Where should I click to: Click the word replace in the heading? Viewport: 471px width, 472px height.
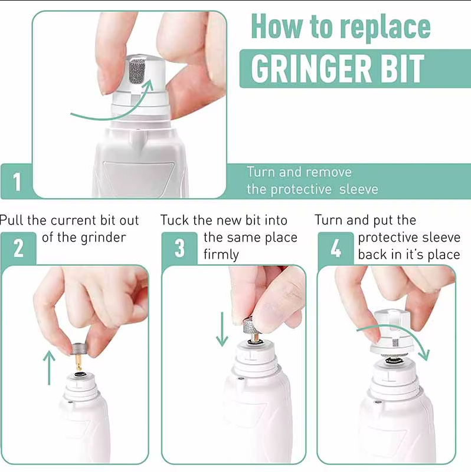tap(385, 28)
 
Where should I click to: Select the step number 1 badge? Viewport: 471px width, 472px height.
tap(17, 181)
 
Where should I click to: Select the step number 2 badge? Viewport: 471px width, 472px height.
tap(18, 248)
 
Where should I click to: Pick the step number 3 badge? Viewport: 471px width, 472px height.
tap(179, 248)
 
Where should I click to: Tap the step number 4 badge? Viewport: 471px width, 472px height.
tap(336, 248)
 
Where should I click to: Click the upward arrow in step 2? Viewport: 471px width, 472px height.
tap(49, 368)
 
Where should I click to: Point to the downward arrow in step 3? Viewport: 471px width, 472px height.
tap(223, 329)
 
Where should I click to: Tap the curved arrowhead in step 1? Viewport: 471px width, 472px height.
tap(148, 85)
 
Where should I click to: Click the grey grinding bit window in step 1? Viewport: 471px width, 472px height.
tap(137, 71)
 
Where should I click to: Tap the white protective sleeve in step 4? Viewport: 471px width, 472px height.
tap(390, 331)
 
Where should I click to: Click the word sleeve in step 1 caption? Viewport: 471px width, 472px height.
tap(358, 189)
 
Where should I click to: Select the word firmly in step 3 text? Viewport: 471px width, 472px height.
tap(221, 255)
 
